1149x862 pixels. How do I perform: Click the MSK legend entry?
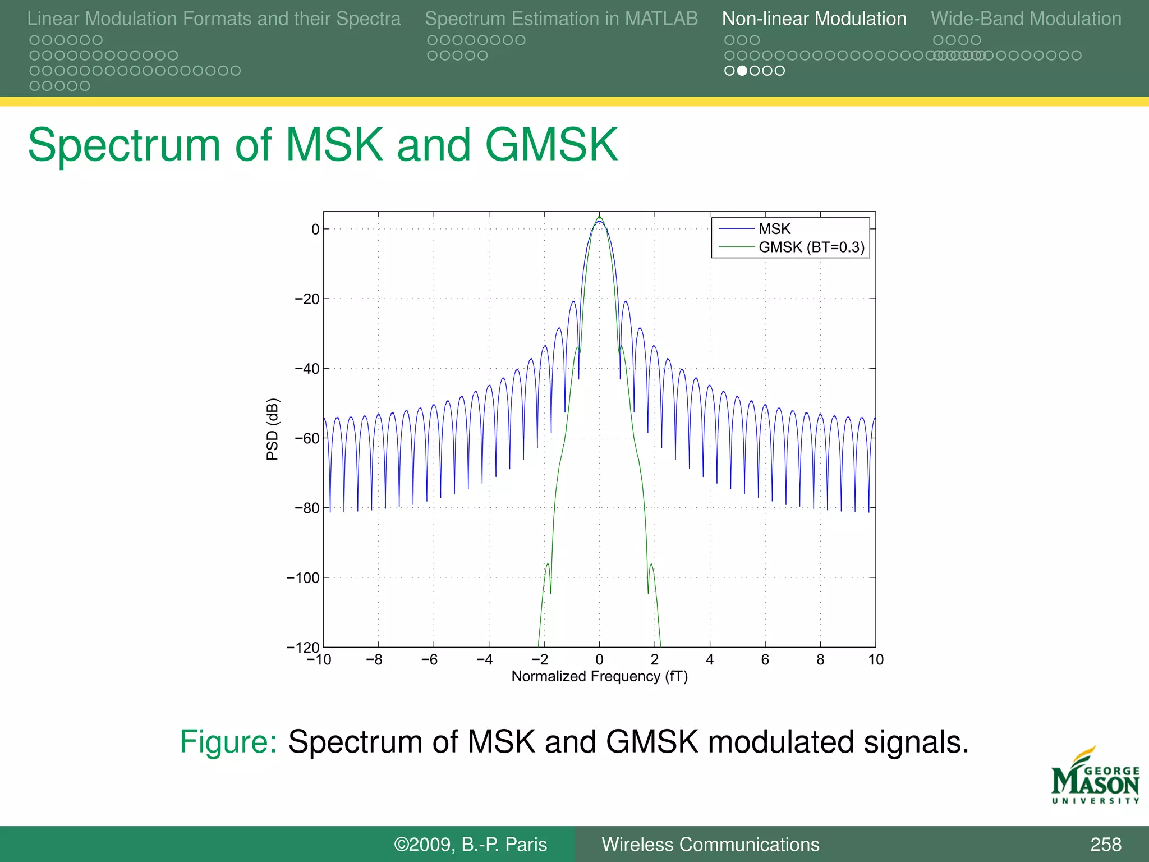coord(774,229)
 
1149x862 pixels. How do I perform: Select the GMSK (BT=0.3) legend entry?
coord(811,247)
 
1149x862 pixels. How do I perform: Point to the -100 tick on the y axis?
coord(303,577)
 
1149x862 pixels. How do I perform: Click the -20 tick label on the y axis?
coord(307,299)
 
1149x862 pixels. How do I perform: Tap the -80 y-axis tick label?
coord(307,508)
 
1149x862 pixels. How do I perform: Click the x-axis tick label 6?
coord(765,660)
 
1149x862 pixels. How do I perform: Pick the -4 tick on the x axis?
coord(485,660)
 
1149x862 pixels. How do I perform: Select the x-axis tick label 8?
coord(820,660)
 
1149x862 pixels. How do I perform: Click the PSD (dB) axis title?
coord(272,429)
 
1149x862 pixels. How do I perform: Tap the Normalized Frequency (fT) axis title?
coord(599,676)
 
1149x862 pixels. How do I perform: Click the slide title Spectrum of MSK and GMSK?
coord(323,145)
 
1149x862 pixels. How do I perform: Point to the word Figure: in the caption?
coord(228,741)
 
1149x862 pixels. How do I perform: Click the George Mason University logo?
coord(1095,776)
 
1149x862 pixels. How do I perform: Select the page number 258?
coord(1105,844)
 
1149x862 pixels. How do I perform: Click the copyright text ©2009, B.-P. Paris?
coord(470,844)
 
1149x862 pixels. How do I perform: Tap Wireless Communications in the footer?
coord(710,844)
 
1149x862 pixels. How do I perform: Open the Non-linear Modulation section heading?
coord(814,19)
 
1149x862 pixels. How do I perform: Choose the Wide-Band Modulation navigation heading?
coord(1026,19)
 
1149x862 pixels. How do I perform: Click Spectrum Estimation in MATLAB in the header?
coord(561,19)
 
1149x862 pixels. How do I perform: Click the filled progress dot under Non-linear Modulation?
coord(742,71)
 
